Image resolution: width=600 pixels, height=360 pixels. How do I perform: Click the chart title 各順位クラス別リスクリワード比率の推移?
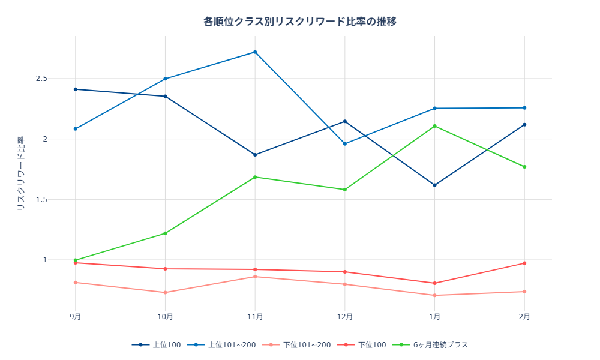point(300,22)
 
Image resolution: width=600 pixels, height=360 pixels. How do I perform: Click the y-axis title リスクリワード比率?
point(20,173)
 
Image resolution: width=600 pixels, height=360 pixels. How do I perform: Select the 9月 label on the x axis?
point(76,316)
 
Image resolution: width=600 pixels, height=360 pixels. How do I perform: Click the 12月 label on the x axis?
point(345,316)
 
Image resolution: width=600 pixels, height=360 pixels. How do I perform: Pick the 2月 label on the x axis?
point(524,316)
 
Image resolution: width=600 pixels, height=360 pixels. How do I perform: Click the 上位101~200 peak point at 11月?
point(255,52)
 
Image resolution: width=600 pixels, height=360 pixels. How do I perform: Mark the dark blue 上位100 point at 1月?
point(434,185)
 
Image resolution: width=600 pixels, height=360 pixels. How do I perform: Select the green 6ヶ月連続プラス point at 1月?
point(434,126)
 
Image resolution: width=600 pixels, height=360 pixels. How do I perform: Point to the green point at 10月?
point(166,233)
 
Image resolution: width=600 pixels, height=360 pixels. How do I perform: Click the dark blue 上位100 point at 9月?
point(76,89)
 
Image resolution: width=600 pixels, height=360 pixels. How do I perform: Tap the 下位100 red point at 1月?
point(434,283)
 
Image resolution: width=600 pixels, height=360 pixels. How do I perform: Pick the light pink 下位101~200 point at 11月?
point(255,277)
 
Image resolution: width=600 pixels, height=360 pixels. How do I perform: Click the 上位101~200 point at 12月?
point(345,144)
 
